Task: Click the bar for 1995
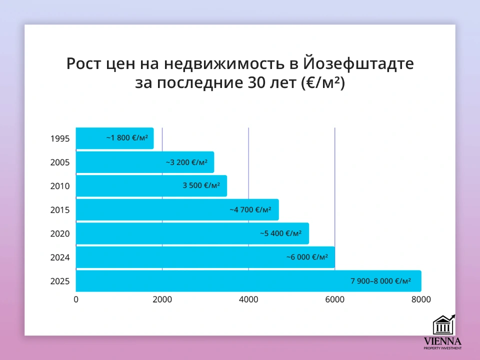(x=114, y=138)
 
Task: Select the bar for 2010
(x=151, y=185)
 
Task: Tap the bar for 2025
(x=248, y=281)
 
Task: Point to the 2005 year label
(x=60, y=162)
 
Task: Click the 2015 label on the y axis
(x=60, y=210)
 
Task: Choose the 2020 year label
(x=60, y=233)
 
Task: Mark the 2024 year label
(x=60, y=257)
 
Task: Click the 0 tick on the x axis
(x=76, y=299)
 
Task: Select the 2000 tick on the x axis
(x=162, y=299)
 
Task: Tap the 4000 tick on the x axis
(x=248, y=299)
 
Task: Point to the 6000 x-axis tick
(x=334, y=299)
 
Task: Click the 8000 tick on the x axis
(x=421, y=299)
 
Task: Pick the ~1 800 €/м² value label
(x=127, y=137)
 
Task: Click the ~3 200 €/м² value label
(x=186, y=162)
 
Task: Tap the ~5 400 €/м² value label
(x=280, y=233)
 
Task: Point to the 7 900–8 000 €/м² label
(x=380, y=281)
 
